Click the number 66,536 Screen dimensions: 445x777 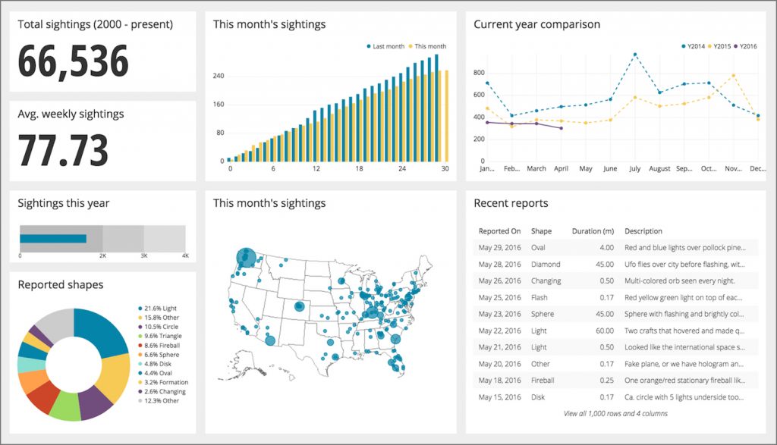click(74, 62)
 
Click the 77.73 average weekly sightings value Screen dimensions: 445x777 click(63, 150)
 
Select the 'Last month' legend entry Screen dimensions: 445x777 click(387, 46)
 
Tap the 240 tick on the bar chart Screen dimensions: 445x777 click(219, 76)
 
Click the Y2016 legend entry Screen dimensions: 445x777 click(747, 46)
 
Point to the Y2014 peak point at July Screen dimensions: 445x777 click(634, 55)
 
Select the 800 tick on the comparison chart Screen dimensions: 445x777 click(478, 73)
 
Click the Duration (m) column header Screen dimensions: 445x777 click(593, 231)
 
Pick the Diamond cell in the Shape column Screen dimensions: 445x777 click(546, 265)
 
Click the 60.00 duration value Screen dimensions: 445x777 click(604, 331)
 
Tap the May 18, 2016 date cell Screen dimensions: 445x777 click(499, 381)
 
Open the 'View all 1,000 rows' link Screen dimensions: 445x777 click(615, 414)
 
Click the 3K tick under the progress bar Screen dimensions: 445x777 click(143, 256)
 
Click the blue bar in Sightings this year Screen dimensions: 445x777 click(52, 239)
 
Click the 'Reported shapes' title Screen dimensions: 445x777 click(61, 285)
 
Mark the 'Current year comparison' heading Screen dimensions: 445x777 click(536, 24)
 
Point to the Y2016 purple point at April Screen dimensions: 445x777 click(561, 128)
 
